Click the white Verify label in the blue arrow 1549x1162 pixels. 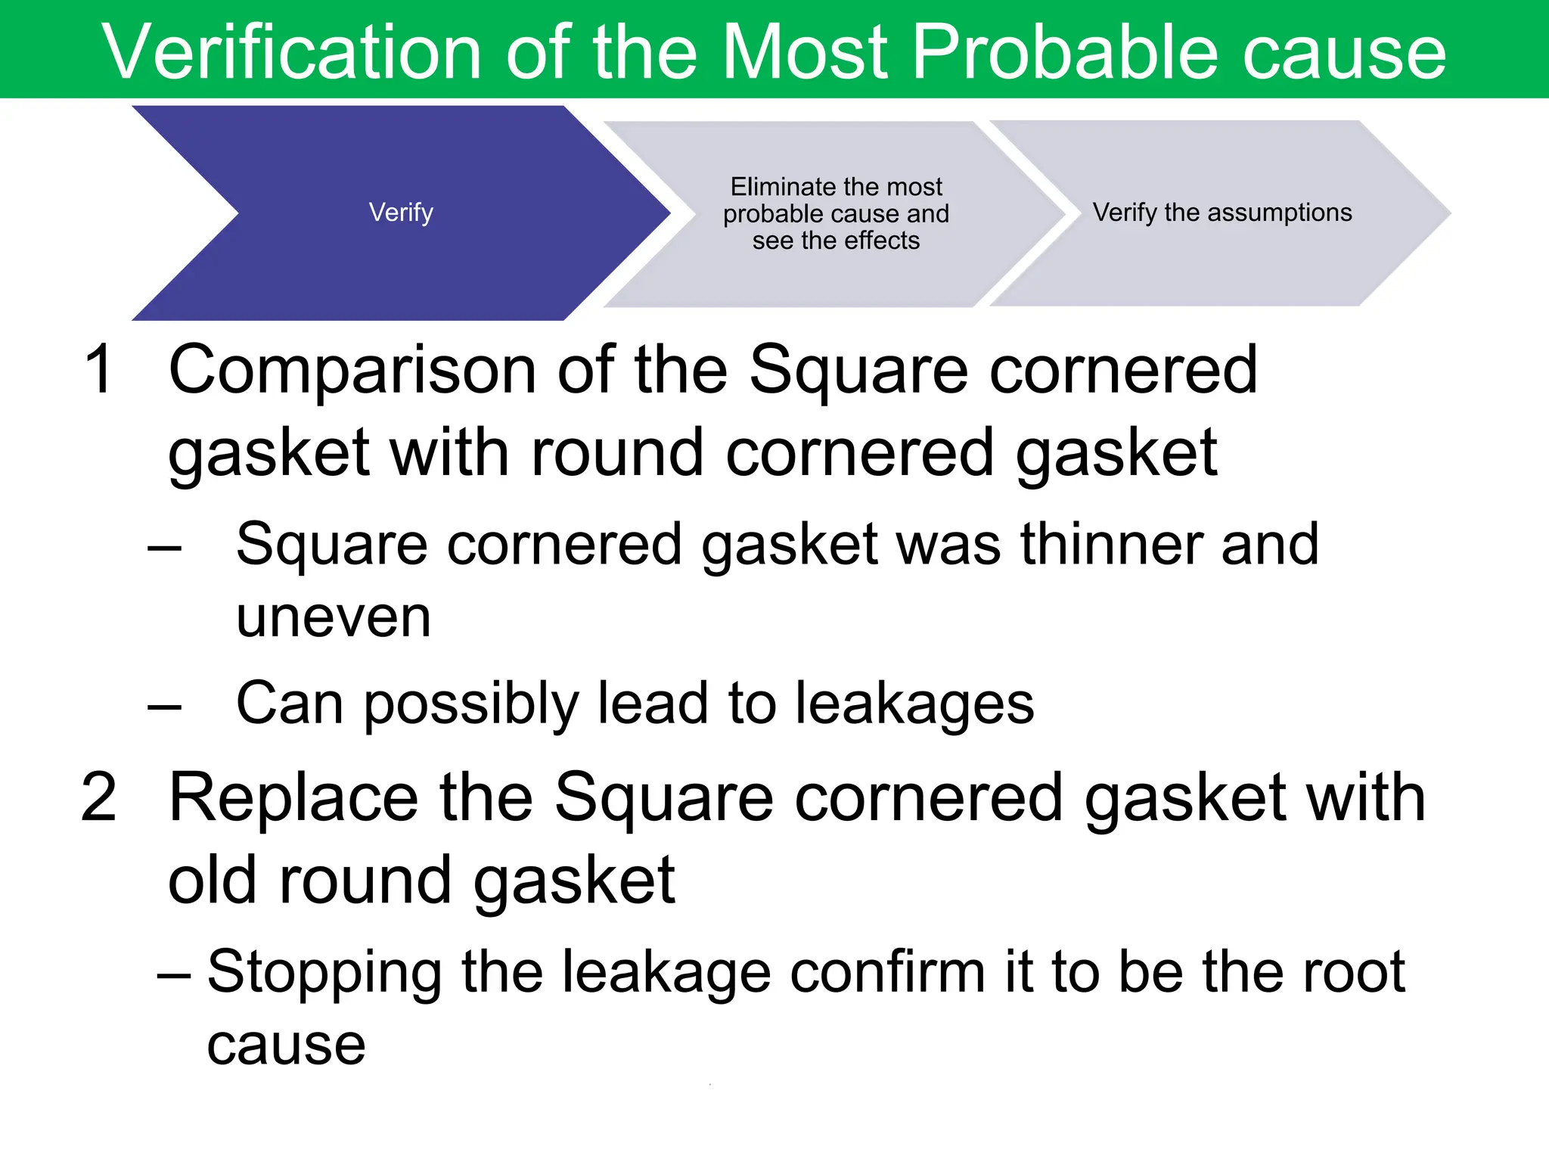[x=401, y=213]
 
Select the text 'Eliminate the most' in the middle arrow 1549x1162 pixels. [x=836, y=187]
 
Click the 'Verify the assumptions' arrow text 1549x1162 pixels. [x=1222, y=213]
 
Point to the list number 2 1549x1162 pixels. [x=99, y=797]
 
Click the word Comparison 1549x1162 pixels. [x=352, y=371]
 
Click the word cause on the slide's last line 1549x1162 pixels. [x=286, y=1046]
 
